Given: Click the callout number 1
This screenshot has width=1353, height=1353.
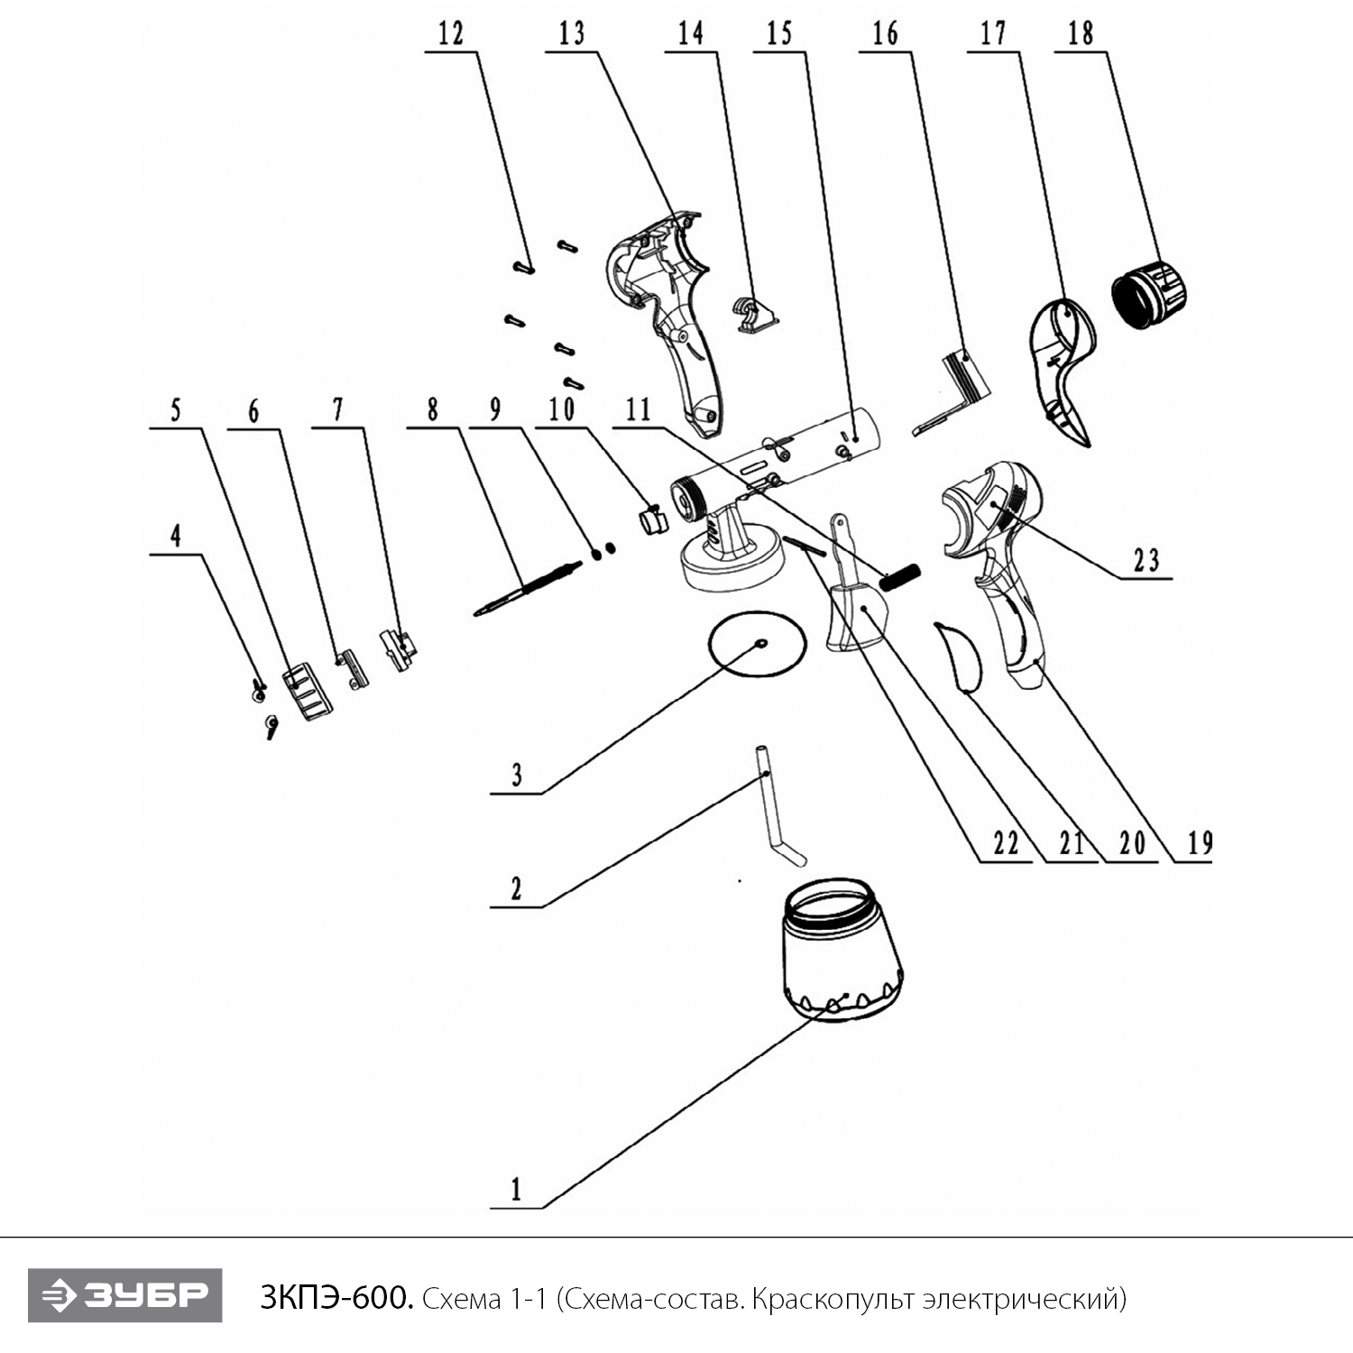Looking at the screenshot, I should click(x=516, y=1189).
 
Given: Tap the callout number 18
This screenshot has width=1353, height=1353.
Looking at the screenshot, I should click(x=1080, y=34).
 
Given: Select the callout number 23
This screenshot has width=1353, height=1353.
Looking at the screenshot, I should click(x=1146, y=560).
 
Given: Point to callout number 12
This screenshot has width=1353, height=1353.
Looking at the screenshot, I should click(x=450, y=34).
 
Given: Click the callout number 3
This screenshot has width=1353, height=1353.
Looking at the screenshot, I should click(x=517, y=775).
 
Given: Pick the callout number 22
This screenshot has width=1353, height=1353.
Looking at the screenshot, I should click(x=1006, y=843).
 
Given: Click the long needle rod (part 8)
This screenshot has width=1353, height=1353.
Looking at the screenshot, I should click(x=528, y=588).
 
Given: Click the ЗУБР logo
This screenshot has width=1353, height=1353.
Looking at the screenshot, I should click(x=124, y=1296).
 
